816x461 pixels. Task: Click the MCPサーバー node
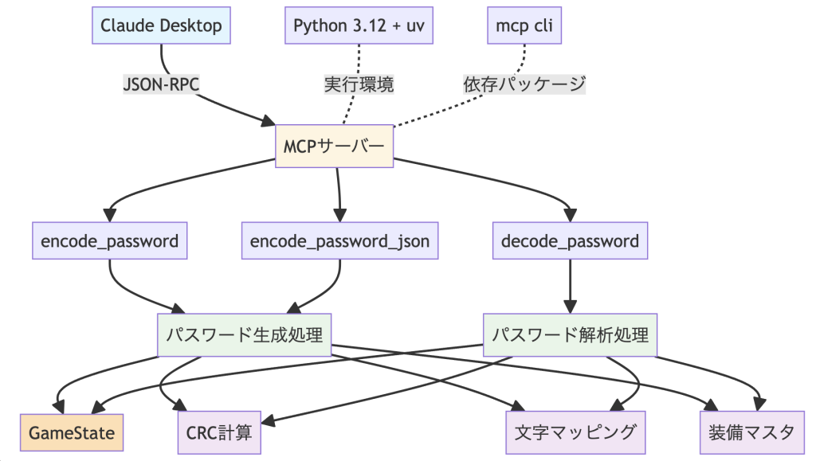[x=334, y=146]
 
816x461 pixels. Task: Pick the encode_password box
[x=110, y=240]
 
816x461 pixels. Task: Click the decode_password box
[x=571, y=240]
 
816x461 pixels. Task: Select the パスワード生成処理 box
[x=244, y=335]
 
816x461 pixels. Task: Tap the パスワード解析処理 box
[x=571, y=335]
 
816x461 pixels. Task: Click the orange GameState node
[x=72, y=432]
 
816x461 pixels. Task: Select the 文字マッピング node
[x=575, y=432]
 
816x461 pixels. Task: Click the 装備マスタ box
[x=751, y=432]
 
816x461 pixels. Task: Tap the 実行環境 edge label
[x=359, y=84]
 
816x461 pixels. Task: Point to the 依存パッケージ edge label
[x=524, y=84]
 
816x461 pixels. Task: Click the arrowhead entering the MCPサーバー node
[x=268, y=121]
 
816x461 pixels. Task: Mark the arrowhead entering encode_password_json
[x=340, y=216]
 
